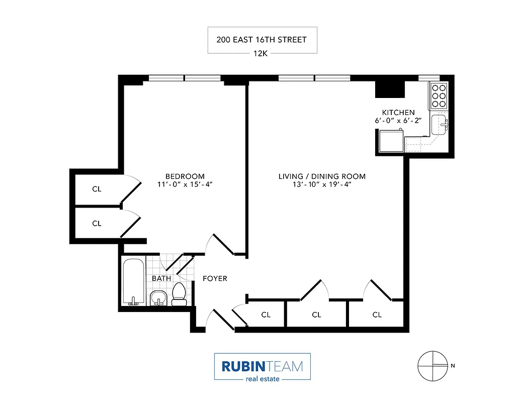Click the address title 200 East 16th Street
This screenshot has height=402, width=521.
(262, 40)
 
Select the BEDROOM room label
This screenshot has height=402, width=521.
(185, 176)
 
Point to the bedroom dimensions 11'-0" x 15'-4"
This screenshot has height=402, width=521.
(185, 184)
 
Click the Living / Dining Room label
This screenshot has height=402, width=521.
(322, 176)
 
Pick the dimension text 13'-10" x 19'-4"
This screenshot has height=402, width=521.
(322, 184)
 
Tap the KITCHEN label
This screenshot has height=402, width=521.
(398, 113)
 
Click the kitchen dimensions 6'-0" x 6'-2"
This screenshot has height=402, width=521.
(398, 121)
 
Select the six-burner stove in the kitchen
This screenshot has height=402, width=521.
(438, 95)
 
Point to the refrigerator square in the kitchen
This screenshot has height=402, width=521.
(391, 141)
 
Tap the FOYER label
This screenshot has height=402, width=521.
(215, 278)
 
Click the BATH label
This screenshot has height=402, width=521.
(161, 278)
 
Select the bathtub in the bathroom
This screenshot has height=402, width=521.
(134, 281)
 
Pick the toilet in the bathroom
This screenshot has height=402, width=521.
(179, 294)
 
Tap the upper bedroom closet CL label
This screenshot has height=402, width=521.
(97, 189)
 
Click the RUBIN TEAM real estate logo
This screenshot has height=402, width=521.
(262, 367)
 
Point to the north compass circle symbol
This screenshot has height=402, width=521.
(432, 365)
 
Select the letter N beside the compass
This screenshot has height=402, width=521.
(453, 366)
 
